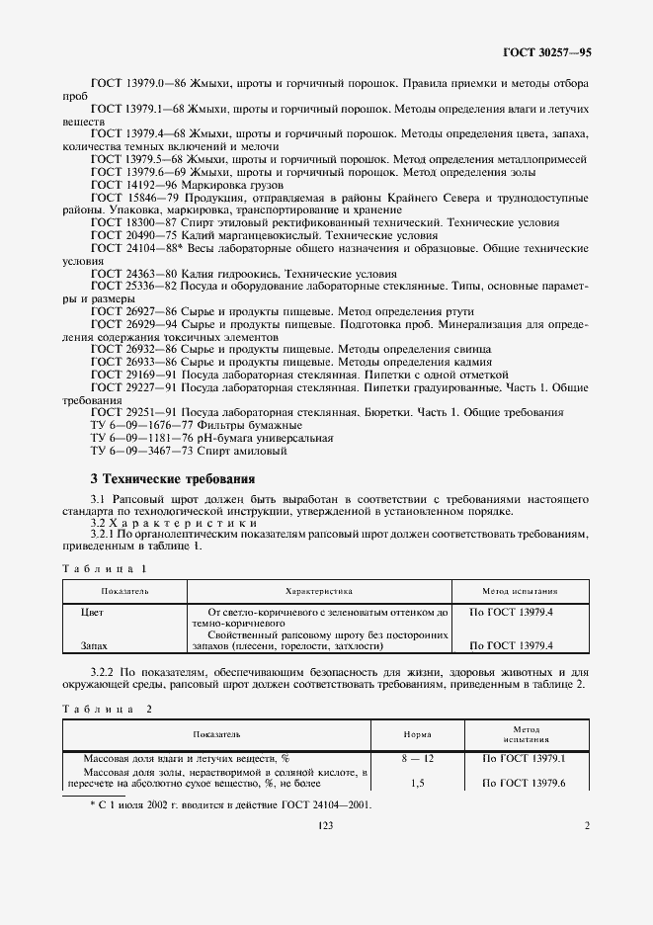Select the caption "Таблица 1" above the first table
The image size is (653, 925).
tap(104, 569)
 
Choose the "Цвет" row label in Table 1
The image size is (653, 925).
tap(92, 613)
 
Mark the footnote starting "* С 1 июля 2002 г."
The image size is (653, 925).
tap(230, 805)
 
